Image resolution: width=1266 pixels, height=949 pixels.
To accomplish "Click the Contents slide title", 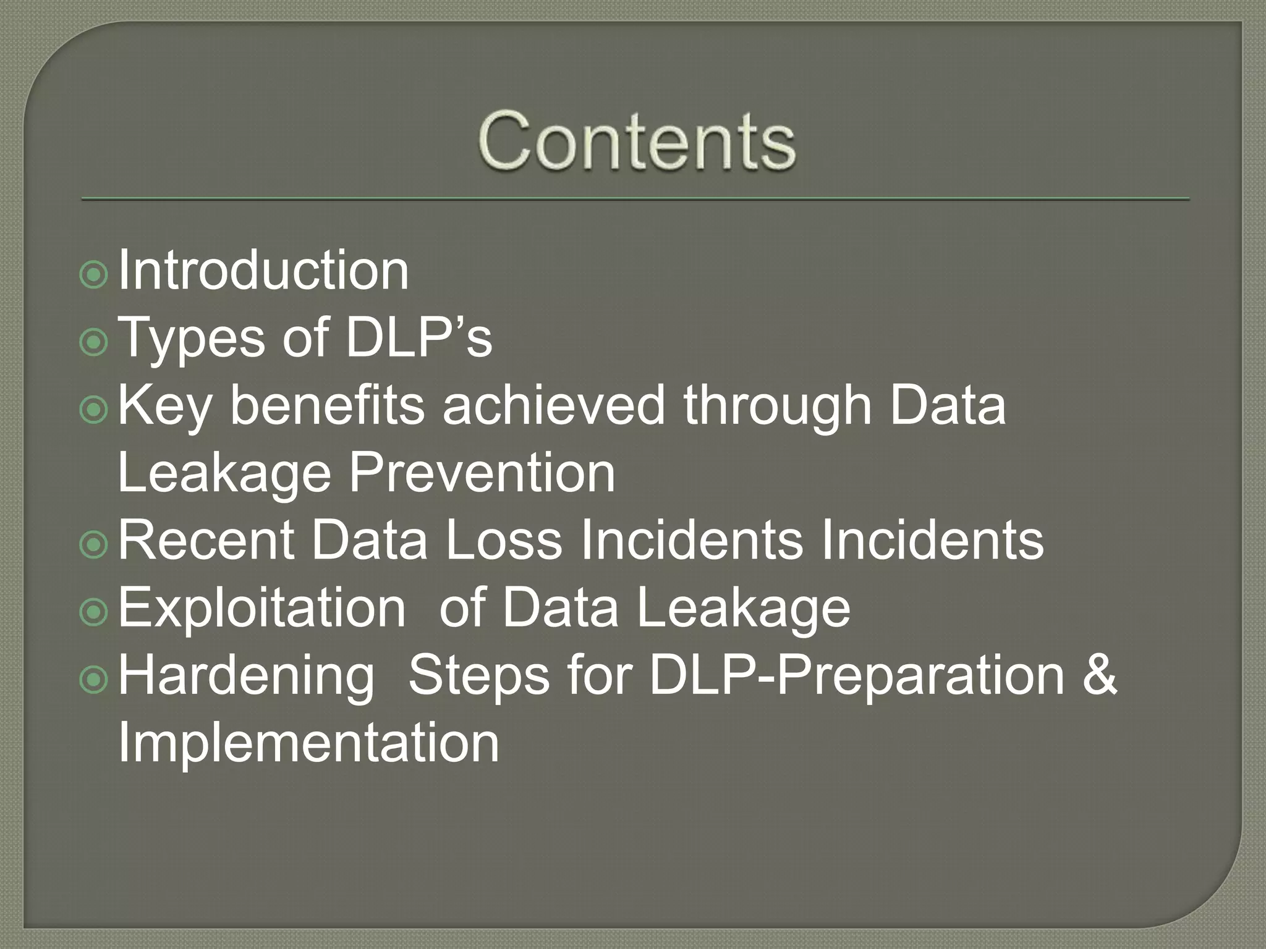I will (636, 141).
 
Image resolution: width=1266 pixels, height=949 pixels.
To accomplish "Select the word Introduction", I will (263, 270).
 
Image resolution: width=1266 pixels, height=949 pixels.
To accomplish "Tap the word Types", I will (193, 338).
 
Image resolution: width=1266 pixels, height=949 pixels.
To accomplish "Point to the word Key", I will (164, 406).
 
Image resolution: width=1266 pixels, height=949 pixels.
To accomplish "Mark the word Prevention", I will (482, 473).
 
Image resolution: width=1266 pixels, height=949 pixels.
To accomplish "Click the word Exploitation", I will (262, 607).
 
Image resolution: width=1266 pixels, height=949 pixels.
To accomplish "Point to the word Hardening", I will (246, 675).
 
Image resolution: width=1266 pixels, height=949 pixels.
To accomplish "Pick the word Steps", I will (478, 675).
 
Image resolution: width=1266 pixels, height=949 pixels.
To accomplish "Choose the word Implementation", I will (308, 742).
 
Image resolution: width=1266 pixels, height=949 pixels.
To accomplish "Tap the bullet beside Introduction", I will (94, 274).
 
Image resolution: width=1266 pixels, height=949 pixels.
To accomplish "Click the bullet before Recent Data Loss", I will (94, 544).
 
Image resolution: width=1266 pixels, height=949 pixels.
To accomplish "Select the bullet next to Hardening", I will (94, 679).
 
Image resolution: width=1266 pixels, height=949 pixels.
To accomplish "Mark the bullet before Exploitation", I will (94, 612).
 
